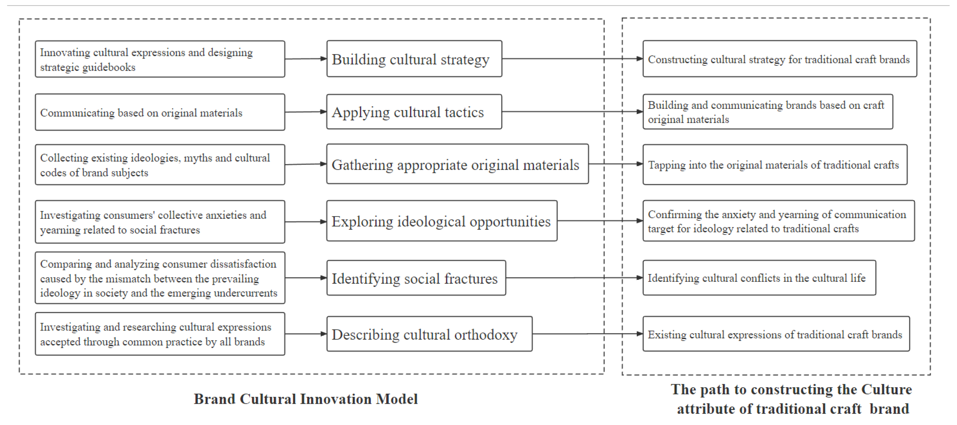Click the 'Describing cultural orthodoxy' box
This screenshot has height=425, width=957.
tap(429, 334)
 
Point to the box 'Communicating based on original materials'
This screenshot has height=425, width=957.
tap(160, 112)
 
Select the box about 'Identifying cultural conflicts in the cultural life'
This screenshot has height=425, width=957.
tap(759, 278)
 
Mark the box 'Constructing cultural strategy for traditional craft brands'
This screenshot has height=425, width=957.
tap(779, 59)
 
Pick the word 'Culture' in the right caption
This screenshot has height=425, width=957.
tap(886, 389)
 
